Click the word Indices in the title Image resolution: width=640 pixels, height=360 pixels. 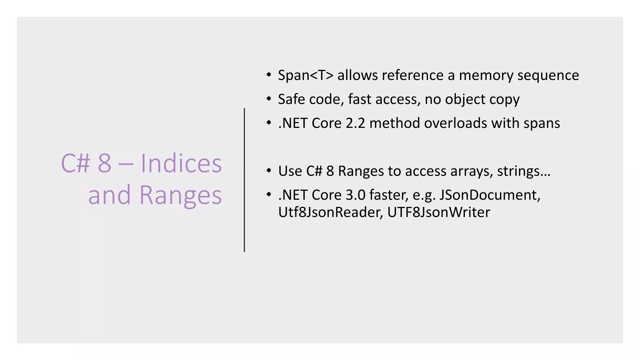tap(181, 163)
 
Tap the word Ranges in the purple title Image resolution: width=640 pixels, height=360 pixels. tap(180, 195)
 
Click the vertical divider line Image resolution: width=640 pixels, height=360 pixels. tap(244, 180)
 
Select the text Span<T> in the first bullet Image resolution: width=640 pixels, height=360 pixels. tap(306, 75)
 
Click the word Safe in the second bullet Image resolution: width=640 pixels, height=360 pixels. tap(291, 99)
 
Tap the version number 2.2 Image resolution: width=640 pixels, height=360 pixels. tap(355, 123)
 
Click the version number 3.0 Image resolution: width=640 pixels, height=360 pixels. tap(355, 195)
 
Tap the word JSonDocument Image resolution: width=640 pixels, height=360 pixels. tap(490, 195)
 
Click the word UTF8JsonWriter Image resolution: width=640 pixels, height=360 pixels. tap(439, 212)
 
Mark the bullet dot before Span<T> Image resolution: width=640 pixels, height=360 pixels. tap(269, 75)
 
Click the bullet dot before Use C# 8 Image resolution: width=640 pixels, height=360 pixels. tap(269, 171)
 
